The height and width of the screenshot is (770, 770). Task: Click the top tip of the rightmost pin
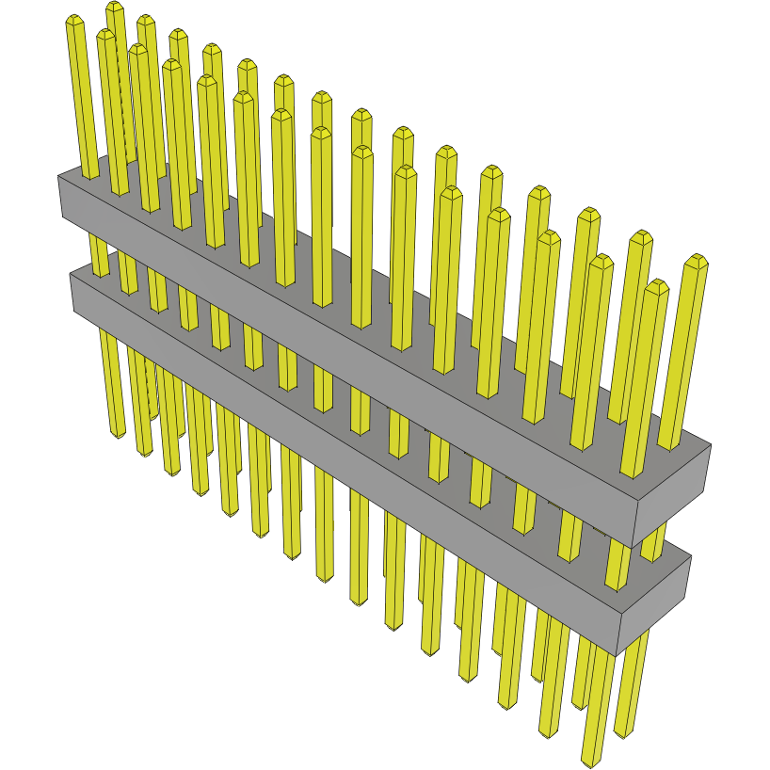click(697, 260)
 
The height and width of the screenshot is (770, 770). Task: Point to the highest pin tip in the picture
click(115, 7)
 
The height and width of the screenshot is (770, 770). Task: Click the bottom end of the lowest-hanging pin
click(592, 760)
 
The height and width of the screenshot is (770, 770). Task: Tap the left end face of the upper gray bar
click(61, 198)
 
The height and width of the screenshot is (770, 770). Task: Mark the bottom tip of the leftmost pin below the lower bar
click(118, 434)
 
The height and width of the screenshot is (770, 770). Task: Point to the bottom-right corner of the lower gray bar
click(618, 655)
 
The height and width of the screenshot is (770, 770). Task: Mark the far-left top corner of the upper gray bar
click(59, 175)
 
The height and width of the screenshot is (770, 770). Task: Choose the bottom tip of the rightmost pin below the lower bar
click(623, 732)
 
